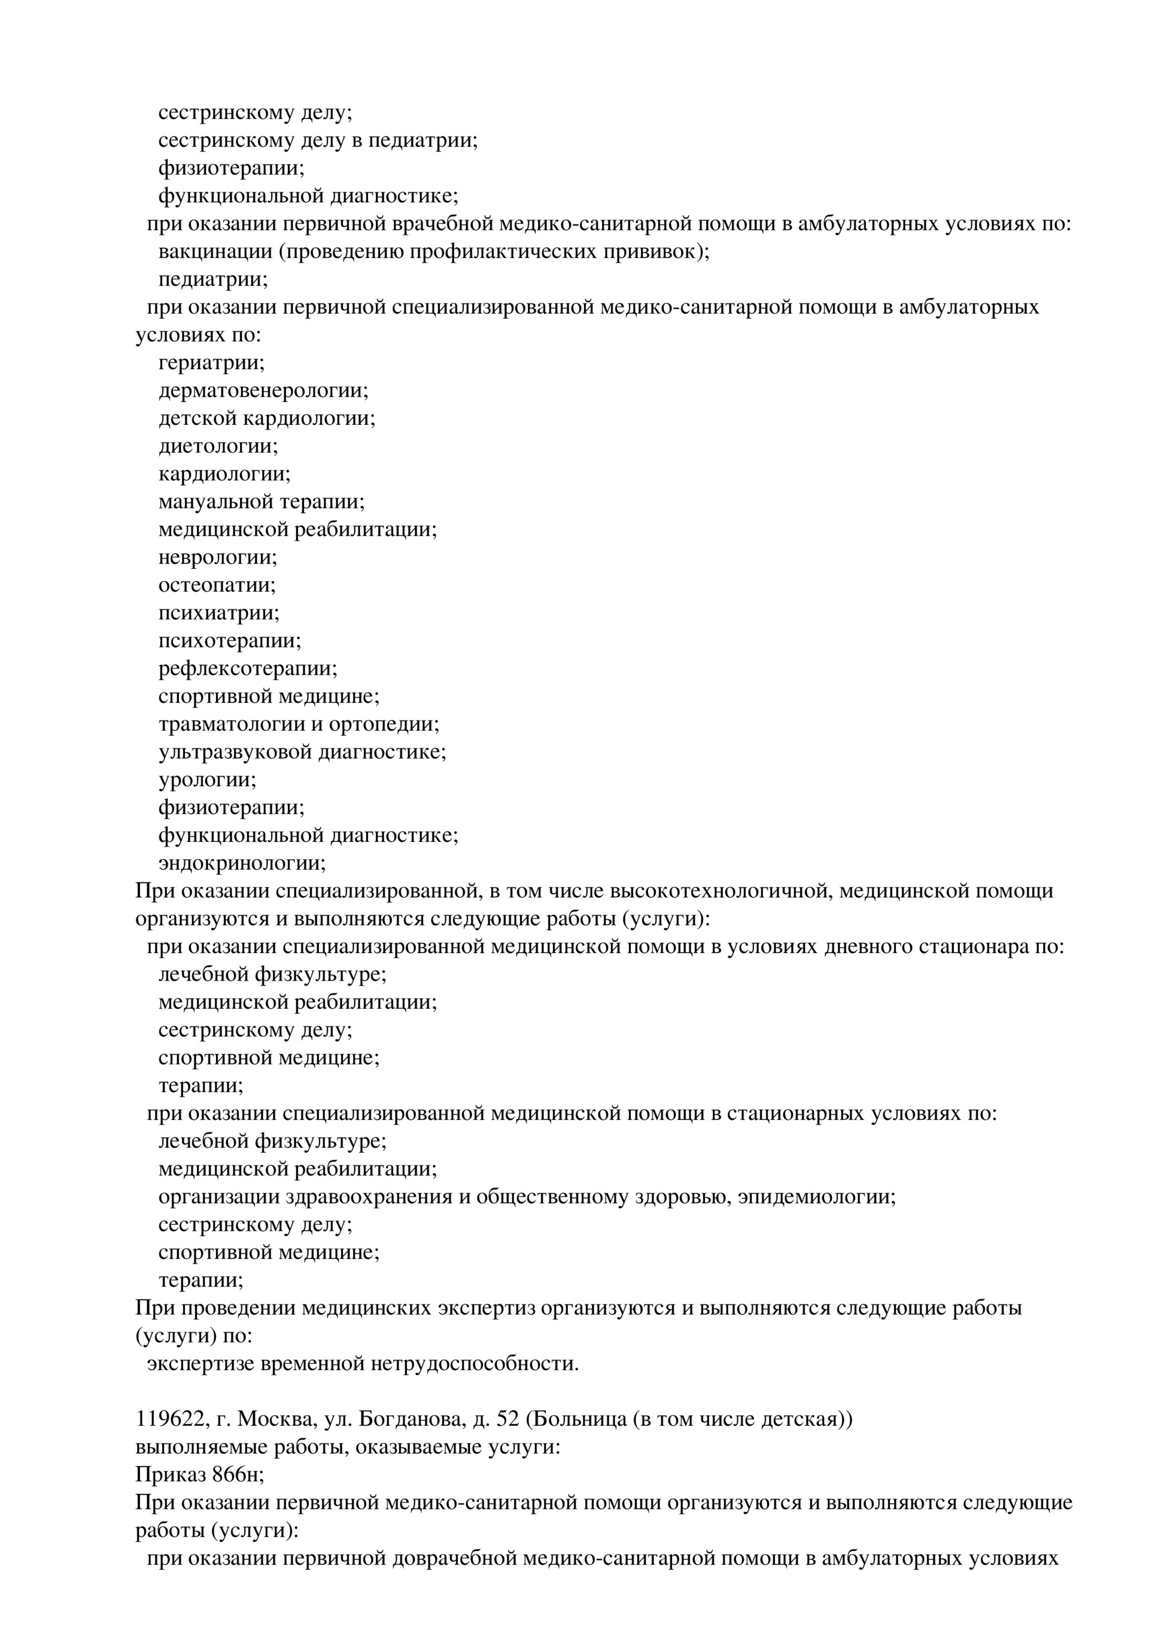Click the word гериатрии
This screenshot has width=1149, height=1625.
click(x=210, y=363)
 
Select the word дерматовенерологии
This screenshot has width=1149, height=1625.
click(x=263, y=391)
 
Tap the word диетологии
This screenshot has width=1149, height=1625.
click(x=217, y=446)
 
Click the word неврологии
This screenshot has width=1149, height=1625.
click(x=217, y=558)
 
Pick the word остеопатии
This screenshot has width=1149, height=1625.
click(x=216, y=585)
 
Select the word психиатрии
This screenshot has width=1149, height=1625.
click(x=218, y=613)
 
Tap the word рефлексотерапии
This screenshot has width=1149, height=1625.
click(x=247, y=669)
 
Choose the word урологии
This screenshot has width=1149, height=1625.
click(x=206, y=780)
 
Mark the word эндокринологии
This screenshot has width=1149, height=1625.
click(x=241, y=863)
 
